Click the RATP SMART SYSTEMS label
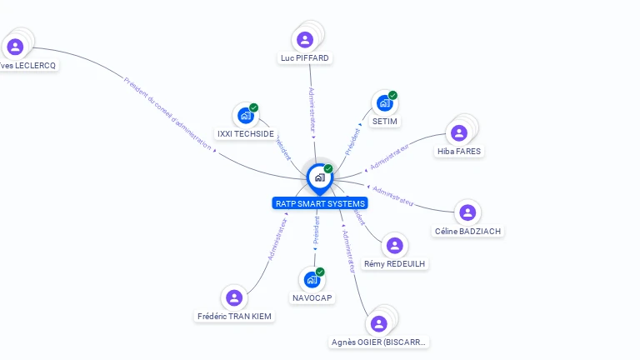point(319,203)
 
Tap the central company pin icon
point(319,177)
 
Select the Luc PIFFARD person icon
point(305,39)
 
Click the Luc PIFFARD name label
point(305,58)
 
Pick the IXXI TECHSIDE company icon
point(245,115)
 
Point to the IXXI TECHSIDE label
point(245,133)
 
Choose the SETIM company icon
point(384,103)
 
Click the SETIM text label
point(385,122)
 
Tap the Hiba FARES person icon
point(459,132)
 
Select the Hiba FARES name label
point(459,152)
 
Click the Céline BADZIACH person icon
point(467,212)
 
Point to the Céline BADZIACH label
point(468,231)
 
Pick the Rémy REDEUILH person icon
point(395,245)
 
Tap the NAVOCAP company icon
point(312,279)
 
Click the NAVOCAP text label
point(312,297)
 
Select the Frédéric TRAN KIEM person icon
point(234,297)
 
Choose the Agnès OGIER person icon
point(379,323)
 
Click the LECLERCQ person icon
point(14,47)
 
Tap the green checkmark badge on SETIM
point(392,95)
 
